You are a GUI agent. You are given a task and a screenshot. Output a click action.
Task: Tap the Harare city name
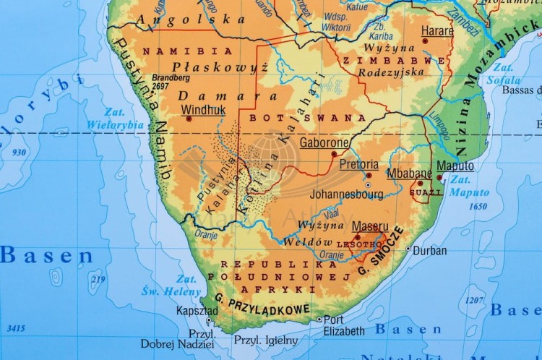(x=438, y=31)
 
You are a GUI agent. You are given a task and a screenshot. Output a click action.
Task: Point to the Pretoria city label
(x=358, y=165)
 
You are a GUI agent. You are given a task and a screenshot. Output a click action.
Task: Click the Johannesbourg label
(x=346, y=194)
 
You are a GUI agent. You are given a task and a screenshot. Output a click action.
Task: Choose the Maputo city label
(x=455, y=166)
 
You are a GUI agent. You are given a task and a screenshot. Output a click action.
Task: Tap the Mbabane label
(x=409, y=173)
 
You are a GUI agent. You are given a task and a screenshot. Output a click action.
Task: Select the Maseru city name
(x=370, y=226)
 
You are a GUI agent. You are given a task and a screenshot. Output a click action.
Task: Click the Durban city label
(x=430, y=251)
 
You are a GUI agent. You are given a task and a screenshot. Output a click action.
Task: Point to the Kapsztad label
(x=196, y=311)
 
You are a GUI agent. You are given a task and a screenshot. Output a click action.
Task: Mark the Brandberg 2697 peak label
(x=171, y=81)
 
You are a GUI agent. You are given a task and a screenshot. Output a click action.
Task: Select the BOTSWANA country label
(x=306, y=117)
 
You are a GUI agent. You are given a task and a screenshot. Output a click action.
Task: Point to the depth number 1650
(x=478, y=207)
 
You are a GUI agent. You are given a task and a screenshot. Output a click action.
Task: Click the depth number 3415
(x=15, y=328)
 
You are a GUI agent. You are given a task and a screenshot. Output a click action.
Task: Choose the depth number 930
(x=19, y=152)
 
